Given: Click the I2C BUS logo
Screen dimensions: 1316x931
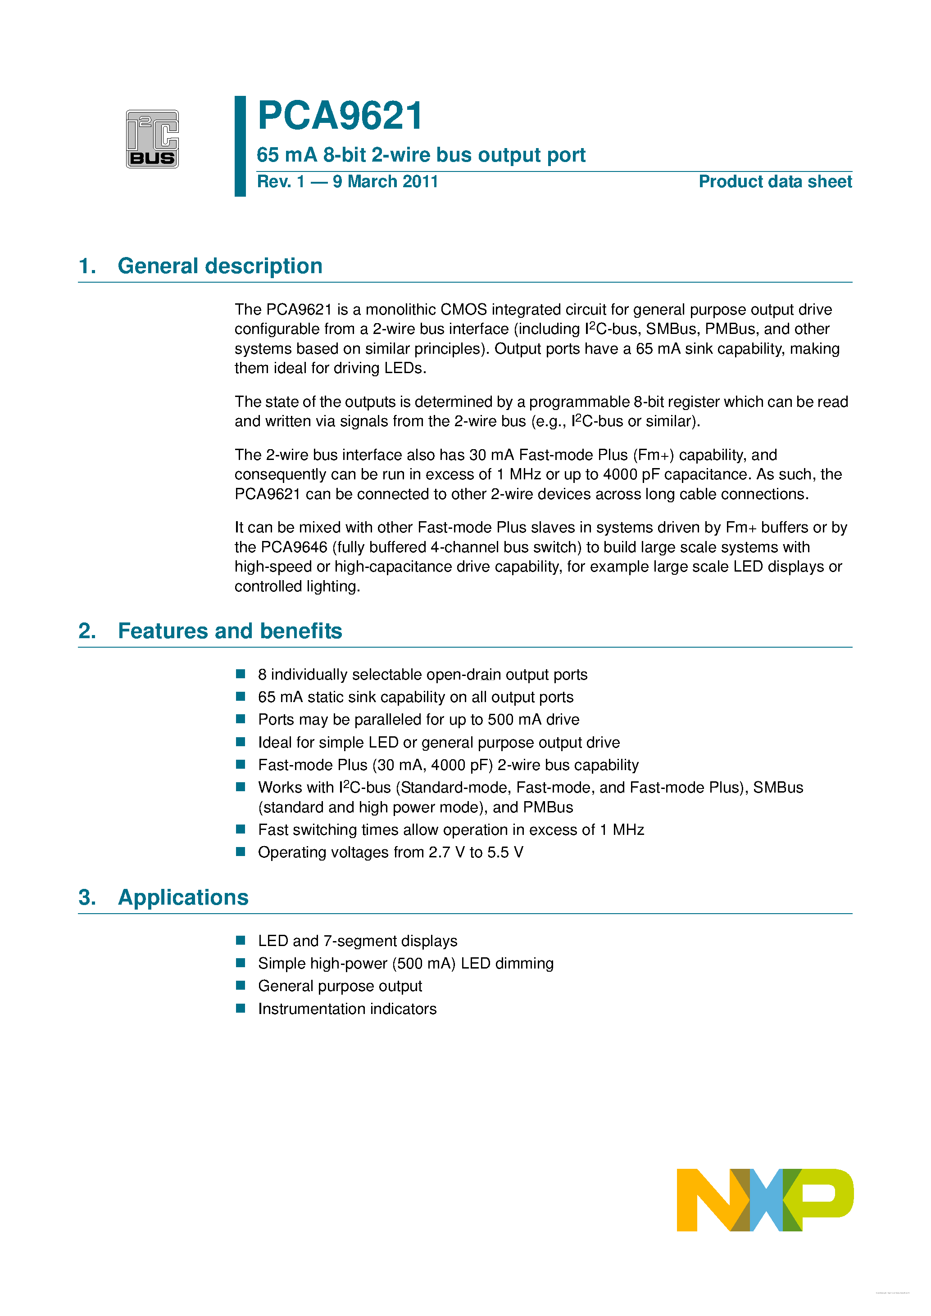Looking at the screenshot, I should (x=152, y=139).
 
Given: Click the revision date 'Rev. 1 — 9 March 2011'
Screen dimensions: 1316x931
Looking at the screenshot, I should (x=347, y=182).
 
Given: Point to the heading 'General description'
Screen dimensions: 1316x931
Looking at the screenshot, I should (x=220, y=266).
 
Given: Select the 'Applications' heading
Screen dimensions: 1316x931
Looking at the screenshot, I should (x=183, y=897).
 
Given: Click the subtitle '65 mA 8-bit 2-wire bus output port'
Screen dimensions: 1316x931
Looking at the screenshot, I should (x=421, y=155).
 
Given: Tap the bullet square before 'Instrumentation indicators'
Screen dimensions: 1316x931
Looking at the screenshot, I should (x=241, y=1008).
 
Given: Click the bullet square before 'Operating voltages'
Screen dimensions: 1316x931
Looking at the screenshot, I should (x=241, y=852).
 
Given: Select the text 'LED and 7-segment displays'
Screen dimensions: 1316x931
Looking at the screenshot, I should (x=357, y=941).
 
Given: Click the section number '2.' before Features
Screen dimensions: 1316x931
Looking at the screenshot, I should (x=87, y=631).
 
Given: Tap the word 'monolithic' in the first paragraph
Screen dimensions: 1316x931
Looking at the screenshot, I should (x=400, y=310).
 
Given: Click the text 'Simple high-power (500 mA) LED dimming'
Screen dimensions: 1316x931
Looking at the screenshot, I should (x=405, y=964).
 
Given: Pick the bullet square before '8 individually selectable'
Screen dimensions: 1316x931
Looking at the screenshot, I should (x=241, y=674).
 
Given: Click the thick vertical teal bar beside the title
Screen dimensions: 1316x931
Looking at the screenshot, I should (x=241, y=146).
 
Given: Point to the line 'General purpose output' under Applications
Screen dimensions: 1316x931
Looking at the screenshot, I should (x=340, y=986).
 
